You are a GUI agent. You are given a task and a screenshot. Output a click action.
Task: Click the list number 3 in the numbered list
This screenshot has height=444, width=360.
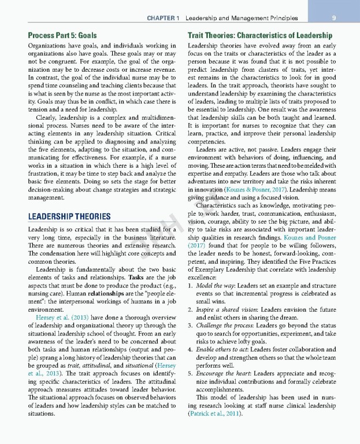191,334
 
